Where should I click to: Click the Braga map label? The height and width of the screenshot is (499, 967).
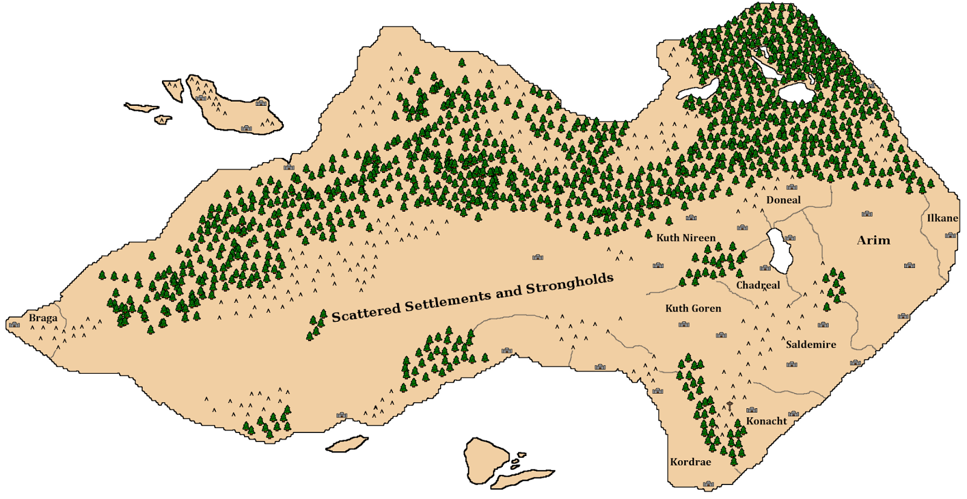[x=43, y=318]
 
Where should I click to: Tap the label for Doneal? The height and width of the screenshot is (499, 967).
[x=783, y=200]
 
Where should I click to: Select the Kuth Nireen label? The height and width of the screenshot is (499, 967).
[x=686, y=238]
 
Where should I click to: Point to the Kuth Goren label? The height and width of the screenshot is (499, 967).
[x=693, y=308]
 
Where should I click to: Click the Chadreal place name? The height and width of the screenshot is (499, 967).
[x=758, y=285]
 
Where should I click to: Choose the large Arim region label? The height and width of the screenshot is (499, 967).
[x=873, y=240]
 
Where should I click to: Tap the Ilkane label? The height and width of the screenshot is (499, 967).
[x=942, y=218]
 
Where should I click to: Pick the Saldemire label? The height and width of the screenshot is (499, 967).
[x=811, y=345]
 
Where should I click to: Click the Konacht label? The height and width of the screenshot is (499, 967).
[x=766, y=421]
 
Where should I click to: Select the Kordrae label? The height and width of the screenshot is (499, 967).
[x=690, y=462]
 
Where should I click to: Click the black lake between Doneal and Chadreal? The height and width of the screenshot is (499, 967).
[x=777, y=250]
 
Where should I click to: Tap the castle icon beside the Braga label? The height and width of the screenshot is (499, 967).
[x=15, y=325]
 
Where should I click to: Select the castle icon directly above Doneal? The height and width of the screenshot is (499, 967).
[x=791, y=187]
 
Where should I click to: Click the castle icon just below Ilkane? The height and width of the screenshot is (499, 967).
[x=950, y=235]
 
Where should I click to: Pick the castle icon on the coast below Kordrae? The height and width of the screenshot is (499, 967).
[x=708, y=484]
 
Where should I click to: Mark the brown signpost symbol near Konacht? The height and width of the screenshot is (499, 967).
[x=730, y=406]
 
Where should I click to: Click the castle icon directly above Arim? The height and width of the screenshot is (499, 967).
[x=867, y=214]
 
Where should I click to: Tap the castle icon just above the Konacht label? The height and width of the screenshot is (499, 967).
[x=752, y=409]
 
